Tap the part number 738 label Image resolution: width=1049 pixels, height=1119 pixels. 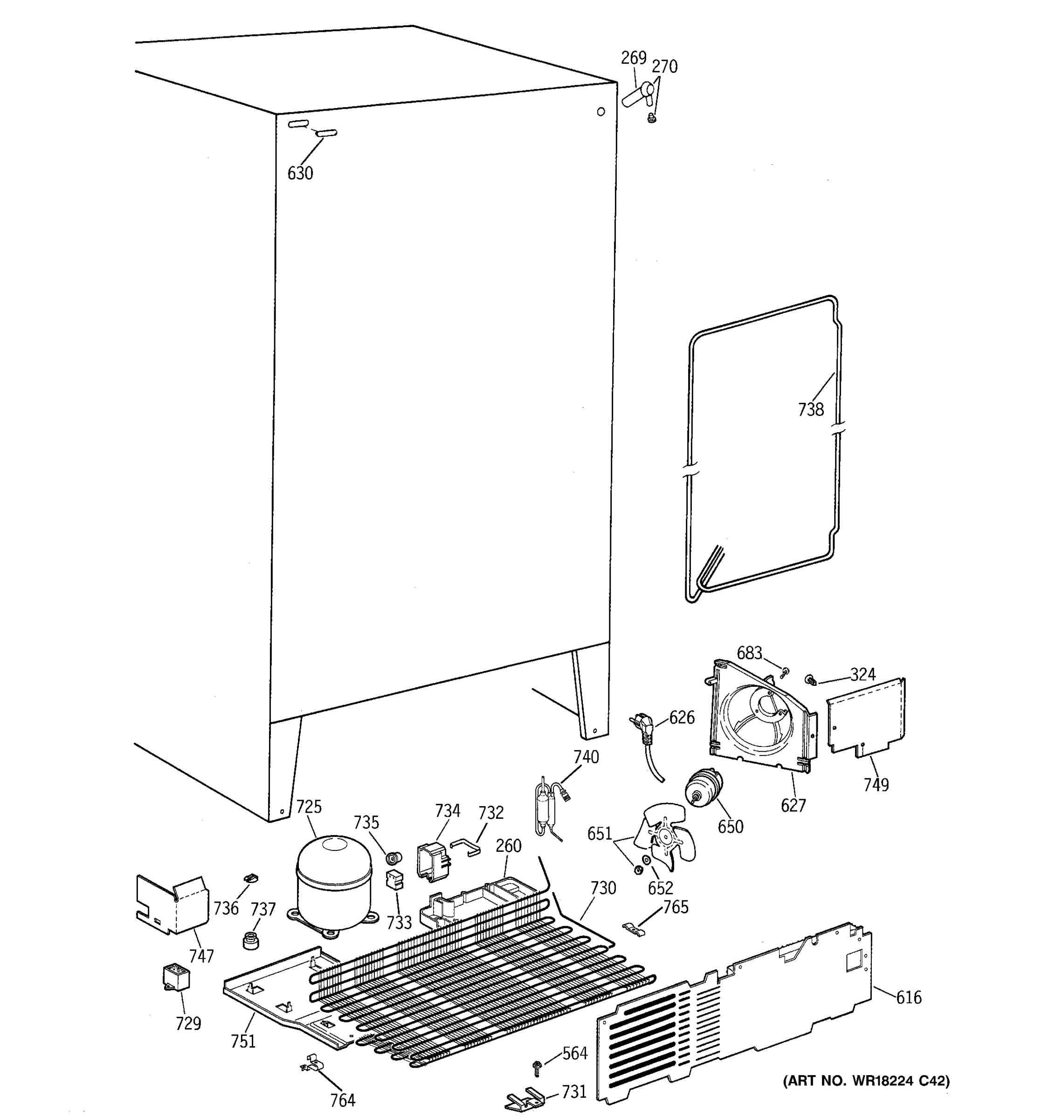point(810,410)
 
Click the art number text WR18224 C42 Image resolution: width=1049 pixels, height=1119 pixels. point(865,1081)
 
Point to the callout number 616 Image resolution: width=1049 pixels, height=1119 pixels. point(908,998)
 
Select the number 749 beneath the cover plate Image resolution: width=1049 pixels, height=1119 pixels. point(876,785)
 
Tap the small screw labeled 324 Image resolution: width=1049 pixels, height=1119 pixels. point(811,680)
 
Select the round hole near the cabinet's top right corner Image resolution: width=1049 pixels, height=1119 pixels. point(600,111)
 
